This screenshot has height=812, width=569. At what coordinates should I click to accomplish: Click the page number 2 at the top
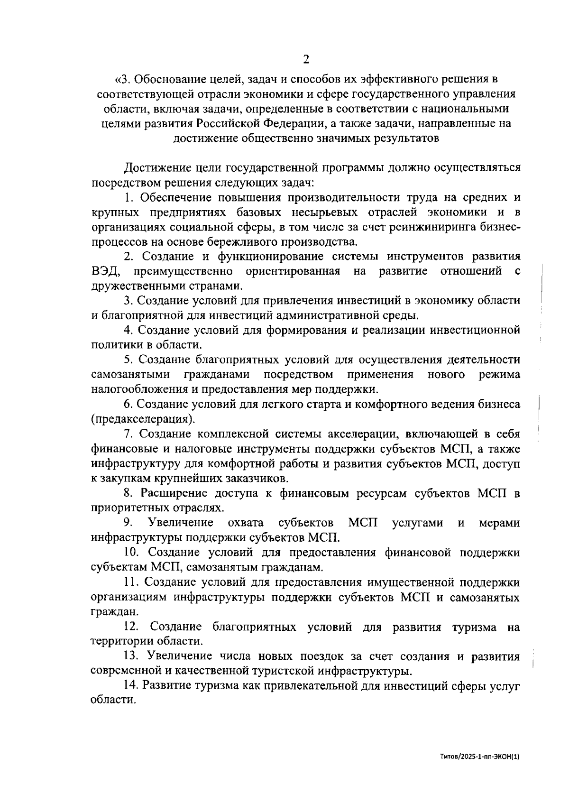pos(305,59)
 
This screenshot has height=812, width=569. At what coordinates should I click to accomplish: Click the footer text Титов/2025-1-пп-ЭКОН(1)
pos(480,771)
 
